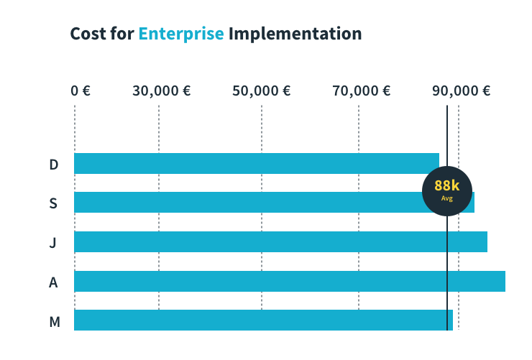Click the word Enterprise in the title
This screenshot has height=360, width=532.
coord(181,34)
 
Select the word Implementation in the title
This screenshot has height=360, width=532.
coord(295,34)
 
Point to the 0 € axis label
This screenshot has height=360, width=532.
coord(80,91)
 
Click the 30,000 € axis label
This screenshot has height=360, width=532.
coord(162,91)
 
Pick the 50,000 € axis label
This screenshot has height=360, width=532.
coord(262,91)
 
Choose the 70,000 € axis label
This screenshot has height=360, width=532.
coord(362,91)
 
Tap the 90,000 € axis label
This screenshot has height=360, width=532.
coord(461,91)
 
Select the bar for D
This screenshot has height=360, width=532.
coord(256,163)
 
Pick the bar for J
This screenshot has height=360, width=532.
coord(280,241)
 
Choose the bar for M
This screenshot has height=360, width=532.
coord(263,320)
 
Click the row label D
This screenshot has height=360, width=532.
coord(53,165)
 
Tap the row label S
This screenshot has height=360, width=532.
coord(53,203)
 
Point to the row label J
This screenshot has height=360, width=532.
coord(53,243)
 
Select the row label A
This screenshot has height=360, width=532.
coord(53,282)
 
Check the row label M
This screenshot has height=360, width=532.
coord(54,321)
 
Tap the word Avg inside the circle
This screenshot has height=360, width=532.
coord(446,198)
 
